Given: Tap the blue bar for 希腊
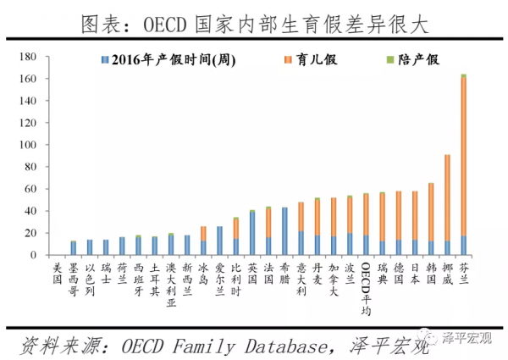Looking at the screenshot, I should click(x=284, y=231).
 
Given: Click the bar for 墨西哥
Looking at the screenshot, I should click(x=73, y=248).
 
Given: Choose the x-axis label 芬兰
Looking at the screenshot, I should click(x=463, y=273).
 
